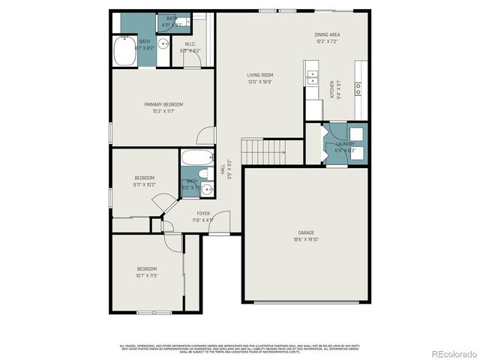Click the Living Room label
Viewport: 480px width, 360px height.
[x=260, y=75]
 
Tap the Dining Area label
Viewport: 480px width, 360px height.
[x=327, y=35]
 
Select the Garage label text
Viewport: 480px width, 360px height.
[x=305, y=232]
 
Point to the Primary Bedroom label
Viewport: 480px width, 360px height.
[x=163, y=104]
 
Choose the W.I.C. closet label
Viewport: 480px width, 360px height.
[x=190, y=44]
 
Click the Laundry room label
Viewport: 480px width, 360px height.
[x=345, y=143]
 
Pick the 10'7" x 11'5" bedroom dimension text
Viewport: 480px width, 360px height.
[x=146, y=275]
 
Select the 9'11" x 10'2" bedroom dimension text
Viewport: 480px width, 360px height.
[x=144, y=184]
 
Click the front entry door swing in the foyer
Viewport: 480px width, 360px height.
[x=220, y=227]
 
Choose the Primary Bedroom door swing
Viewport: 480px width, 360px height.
[x=202, y=136]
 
